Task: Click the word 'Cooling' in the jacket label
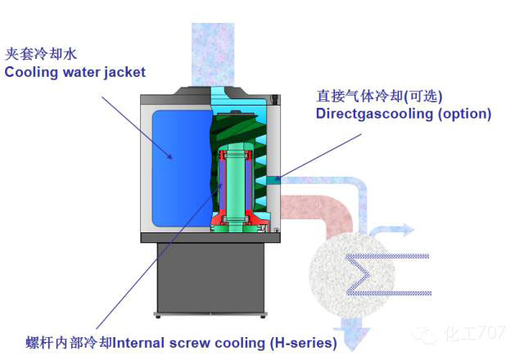(31, 73)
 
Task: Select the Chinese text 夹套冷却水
(41, 54)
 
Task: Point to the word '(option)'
(465, 114)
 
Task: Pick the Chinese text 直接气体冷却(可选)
(379, 97)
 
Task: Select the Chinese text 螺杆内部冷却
(69, 343)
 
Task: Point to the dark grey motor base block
(210, 278)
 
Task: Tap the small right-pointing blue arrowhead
(409, 230)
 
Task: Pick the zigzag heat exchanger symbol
(387, 275)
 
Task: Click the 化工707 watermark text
(475, 333)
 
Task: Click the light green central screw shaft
(236, 187)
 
